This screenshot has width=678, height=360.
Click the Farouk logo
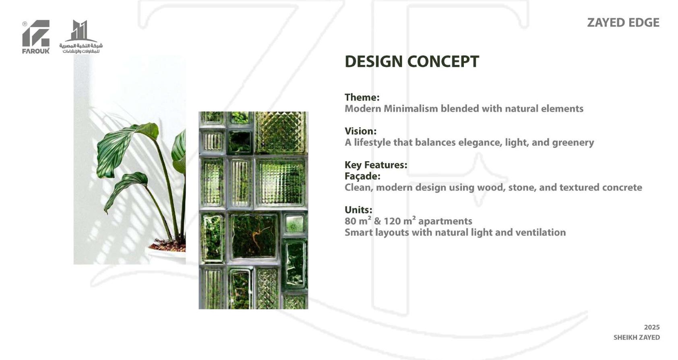[x=36, y=37]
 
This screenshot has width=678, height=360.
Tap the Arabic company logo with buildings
[x=81, y=37]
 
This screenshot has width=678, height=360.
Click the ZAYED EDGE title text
[x=623, y=23]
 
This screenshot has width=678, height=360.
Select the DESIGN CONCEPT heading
[x=411, y=62]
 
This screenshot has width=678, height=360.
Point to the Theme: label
[x=362, y=97]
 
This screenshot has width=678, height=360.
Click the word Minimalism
[x=410, y=108]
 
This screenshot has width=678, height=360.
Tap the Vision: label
[x=360, y=131]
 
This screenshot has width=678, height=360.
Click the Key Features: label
[x=376, y=165]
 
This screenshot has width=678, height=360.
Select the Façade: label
[x=362, y=176]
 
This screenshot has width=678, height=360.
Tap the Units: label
[x=358, y=210]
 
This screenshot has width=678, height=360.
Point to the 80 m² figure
[x=358, y=221]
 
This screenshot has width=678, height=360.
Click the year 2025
[x=652, y=327]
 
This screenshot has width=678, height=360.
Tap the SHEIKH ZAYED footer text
[x=637, y=337]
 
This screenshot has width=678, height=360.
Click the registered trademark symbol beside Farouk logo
[x=25, y=24]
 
